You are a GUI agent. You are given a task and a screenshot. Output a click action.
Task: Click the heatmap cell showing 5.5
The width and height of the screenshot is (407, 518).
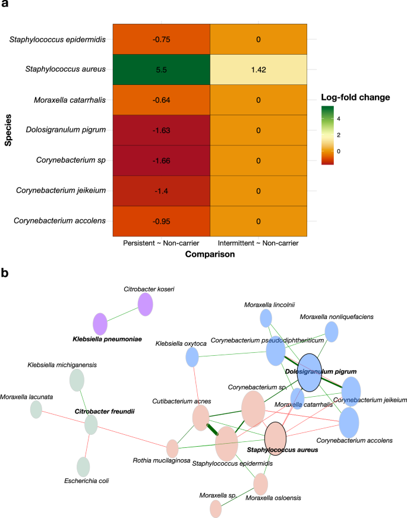click(160, 70)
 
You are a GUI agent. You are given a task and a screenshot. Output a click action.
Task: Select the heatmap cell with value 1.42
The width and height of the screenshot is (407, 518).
click(258, 70)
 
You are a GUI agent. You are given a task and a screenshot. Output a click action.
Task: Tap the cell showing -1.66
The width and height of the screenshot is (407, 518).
click(160, 160)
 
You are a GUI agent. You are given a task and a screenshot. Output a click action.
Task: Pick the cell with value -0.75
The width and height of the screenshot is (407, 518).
click(160, 39)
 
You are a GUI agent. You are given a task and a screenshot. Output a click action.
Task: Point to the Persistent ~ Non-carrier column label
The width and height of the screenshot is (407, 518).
click(160, 243)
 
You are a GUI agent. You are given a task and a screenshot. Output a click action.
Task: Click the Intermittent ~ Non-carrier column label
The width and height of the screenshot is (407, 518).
click(258, 243)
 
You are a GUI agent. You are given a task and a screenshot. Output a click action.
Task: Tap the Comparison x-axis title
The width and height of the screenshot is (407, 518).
click(209, 254)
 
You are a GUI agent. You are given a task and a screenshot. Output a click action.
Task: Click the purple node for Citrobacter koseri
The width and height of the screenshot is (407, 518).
click(146, 305)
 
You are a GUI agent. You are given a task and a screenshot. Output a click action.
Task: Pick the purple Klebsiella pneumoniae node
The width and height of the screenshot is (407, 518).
click(100, 324)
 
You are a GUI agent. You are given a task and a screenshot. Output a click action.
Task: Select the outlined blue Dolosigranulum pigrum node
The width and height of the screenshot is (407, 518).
click(309, 372)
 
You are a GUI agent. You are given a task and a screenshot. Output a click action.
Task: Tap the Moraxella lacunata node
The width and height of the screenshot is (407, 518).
click(36, 409)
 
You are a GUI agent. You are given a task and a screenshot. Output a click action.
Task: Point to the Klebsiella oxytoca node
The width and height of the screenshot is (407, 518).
click(192, 357)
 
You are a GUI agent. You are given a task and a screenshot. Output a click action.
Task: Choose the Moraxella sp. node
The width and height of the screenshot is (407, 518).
click(216, 508)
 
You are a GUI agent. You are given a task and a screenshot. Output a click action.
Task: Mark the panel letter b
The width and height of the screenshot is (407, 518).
click(5, 273)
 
